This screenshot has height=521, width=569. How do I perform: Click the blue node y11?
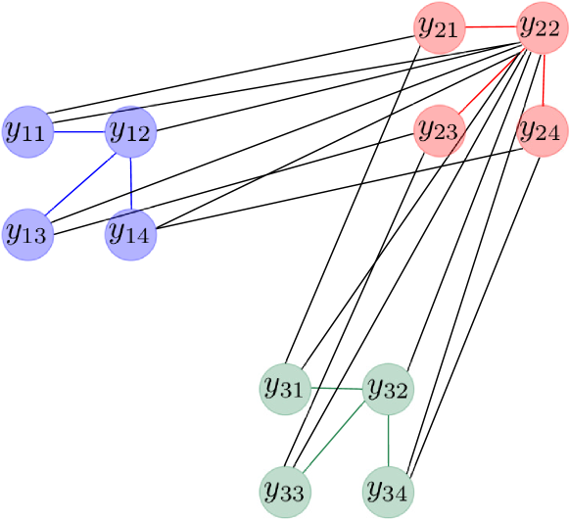point(26,130)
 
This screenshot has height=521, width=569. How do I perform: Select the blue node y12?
point(130,130)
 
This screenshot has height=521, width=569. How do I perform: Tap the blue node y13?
point(26,234)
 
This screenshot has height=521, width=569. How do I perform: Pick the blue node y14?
point(130,234)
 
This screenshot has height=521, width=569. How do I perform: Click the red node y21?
point(438,26)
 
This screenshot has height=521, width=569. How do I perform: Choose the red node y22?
point(542,26)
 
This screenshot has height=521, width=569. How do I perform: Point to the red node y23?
point(438,130)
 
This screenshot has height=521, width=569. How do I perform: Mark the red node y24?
point(542,130)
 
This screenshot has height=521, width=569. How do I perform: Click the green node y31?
point(284,389)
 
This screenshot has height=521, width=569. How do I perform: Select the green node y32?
point(388,389)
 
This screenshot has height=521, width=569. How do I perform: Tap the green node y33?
point(284,493)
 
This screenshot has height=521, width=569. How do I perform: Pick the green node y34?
point(388,493)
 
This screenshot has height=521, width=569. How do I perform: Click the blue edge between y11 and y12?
point(78,130)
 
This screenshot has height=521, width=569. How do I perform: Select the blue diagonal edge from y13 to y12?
point(78,182)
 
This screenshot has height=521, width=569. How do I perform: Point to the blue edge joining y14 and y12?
point(130,182)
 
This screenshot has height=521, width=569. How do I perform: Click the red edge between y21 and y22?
point(490,26)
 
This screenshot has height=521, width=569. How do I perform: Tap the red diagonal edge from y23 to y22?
point(490,78)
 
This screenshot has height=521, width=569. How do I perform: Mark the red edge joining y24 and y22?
point(542,78)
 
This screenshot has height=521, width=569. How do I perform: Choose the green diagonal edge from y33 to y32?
point(336,441)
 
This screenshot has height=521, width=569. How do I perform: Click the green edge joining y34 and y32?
point(388,441)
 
